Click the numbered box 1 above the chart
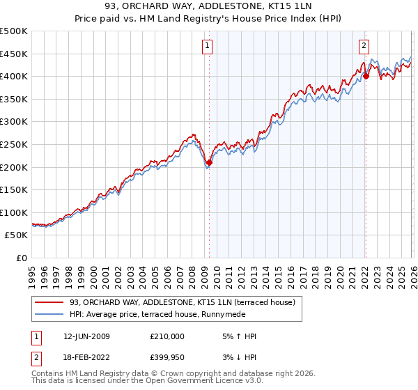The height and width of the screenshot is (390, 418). pos(208,47)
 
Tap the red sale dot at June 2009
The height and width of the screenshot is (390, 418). pos(209,162)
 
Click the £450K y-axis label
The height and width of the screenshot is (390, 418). pos(14,54)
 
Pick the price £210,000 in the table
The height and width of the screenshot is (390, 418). pos(167,336)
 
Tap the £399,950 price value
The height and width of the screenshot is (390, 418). pos(167,358)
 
